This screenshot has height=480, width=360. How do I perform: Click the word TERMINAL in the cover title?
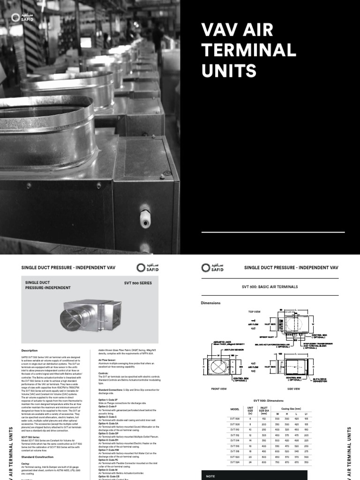click(x=248, y=50)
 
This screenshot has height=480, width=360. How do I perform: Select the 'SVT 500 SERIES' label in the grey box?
click(x=138, y=284)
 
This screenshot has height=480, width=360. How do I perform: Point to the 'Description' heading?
click(x=29, y=350)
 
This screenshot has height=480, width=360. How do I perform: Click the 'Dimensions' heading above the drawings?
click(x=210, y=303)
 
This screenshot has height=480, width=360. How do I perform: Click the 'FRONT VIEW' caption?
click(x=218, y=389)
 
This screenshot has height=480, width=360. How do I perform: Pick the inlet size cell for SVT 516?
click(x=263, y=446)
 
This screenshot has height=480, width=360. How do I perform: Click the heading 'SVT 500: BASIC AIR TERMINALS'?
click(x=270, y=286)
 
